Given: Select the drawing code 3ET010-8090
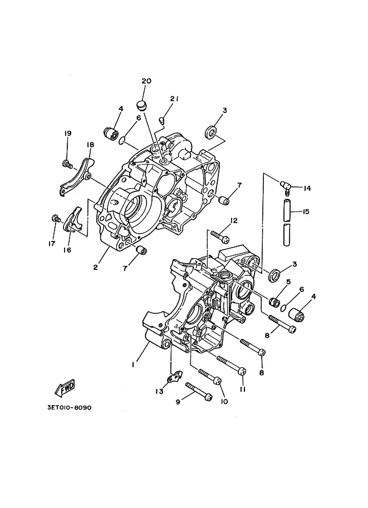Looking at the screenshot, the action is click(70, 407).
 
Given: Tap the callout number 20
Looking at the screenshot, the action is click(146, 81).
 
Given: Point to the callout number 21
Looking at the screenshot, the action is click(174, 99).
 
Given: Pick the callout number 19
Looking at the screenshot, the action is click(68, 133).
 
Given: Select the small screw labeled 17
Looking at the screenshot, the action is click(56, 219).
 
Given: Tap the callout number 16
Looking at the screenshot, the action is click(67, 250).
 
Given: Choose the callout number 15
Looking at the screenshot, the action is click(306, 211).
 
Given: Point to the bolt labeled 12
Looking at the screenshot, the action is click(220, 236).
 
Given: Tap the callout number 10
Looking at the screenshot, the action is click(224, 401).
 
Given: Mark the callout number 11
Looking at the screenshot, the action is click(243, 389).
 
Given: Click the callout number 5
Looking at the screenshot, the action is click(288, 282).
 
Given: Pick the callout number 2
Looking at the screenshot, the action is click(95, 267).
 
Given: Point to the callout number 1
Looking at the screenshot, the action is click(133, 364).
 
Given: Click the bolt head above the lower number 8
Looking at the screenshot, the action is click(262, 353).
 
